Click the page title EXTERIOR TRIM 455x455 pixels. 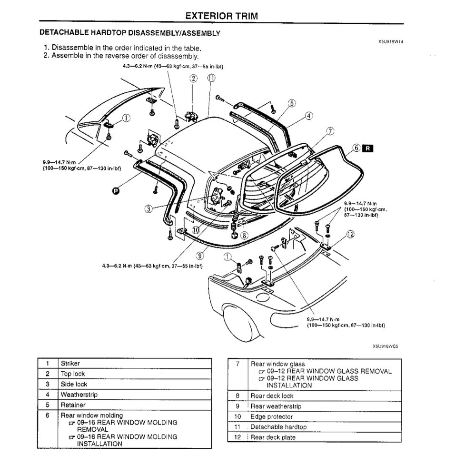point(221,16)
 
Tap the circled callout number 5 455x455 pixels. point(292,103)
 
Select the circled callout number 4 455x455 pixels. point(308,115)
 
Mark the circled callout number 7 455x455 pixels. point(331,130)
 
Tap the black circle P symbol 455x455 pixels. point(115,191)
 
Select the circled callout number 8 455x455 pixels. point(244,235)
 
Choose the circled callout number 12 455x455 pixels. point(350,234)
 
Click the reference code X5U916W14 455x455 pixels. point(391,41)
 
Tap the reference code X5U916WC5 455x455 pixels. point(385,346)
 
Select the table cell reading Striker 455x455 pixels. point(70,363)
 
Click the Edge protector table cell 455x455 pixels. point(272,416)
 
